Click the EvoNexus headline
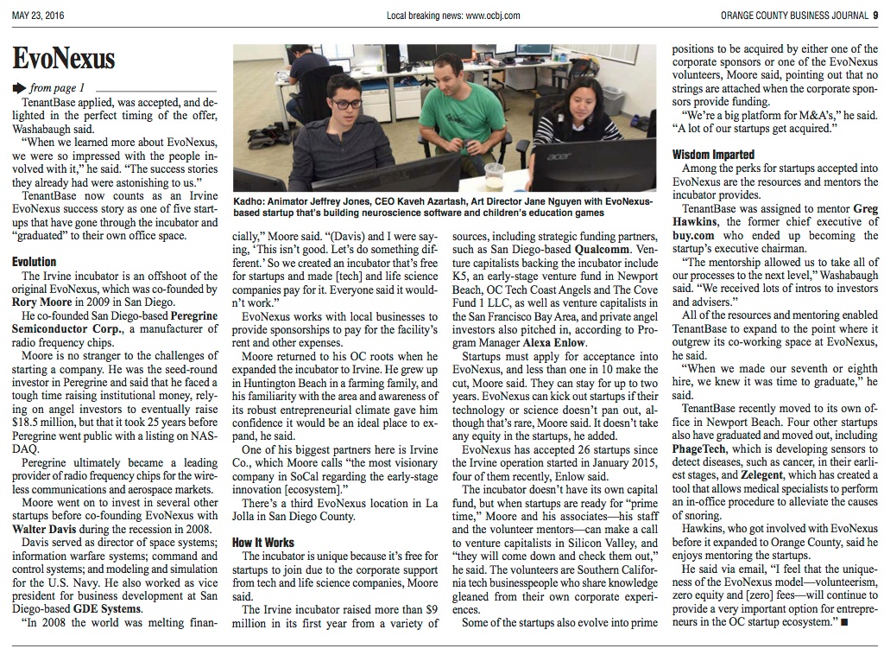(x=64, y=59)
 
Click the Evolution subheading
(x=35, y=261)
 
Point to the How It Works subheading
(x=263, y=542)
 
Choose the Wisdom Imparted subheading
(x=713, y=155)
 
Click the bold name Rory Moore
(x=43, y=302)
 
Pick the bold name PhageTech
(x=700, y=450)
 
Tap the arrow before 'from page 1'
(x=20, y=87)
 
